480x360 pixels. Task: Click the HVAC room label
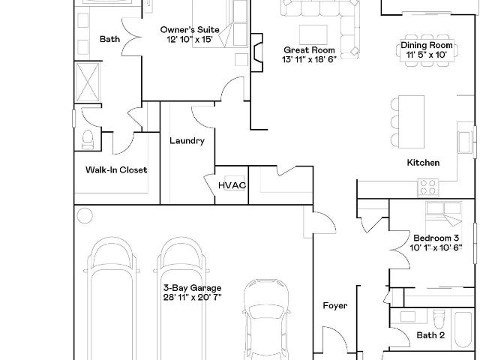click(x=232, y=185)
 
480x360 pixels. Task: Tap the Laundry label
click(x=187, y=141)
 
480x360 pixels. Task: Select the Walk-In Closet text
click(x=116, y=170)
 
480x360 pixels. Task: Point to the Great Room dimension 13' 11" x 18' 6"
click(x=309, y=59)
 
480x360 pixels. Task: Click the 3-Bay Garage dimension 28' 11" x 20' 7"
click(x=192, y=297)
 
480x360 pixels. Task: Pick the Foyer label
click(x=335, y=305)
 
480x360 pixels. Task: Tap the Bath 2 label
click(x=430, y=335)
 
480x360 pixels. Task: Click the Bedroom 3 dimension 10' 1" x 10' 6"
click(x=436, y=247)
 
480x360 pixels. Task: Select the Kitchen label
click(x=423, y=163)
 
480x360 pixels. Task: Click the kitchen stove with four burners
click(x=428, y=187)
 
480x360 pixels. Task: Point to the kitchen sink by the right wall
click(x=465, y=142)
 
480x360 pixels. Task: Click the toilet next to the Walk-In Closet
click(x=88, y=139)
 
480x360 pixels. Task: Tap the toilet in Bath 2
click(x=439, y=319)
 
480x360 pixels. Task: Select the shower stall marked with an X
click(x=88, y=82)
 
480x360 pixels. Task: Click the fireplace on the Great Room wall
click(x=256, y=52)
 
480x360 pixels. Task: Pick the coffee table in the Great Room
click(x=313, y=34)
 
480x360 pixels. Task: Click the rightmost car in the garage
click(x=266, y=318)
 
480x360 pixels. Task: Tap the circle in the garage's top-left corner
click(x=85, y=216)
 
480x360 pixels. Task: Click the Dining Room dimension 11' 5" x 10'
click(x=427, y=55)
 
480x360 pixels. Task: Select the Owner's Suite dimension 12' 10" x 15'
click(x=190, y=40)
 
